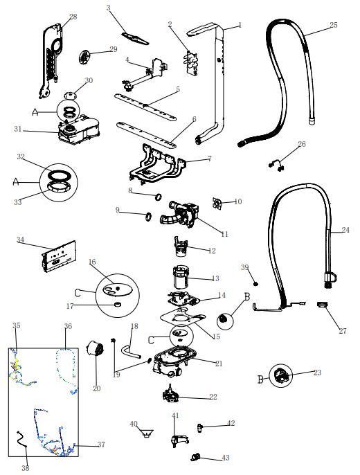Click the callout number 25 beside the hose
tap(334, 25)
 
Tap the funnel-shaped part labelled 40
tap(147, 433)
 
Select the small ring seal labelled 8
tap(158, 197)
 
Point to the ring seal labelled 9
tap(148, 217)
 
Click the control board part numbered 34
tap(59, 257)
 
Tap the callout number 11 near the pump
tap(224, 234)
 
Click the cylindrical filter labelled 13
tap(181, 277)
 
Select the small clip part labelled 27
tap(322, 304)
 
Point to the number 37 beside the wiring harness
tap(101, 445)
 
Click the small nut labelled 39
tap(256, 284)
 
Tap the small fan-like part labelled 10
tap(217, 204)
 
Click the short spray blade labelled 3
tap(135, 39)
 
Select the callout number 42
tap(231, 423)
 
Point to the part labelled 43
tap(197, 456)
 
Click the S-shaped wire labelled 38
tap(21, 440)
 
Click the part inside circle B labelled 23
tap(280, 375)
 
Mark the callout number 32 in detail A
tap(21, 156)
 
